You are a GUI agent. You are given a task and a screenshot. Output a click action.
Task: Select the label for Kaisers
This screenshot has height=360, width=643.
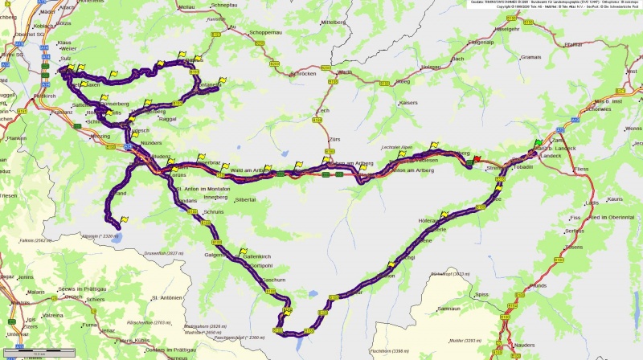pyautogui.click(x=408, y=103)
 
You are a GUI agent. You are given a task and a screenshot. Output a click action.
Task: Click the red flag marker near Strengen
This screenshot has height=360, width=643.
pyautogui.click(x=477, y=158)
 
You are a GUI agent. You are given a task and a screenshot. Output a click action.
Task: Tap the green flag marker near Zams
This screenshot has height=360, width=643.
pyautogui.click(x=539, y=143)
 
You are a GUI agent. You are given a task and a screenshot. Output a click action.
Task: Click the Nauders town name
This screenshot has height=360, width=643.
pyautogui.click(x=522, y=344)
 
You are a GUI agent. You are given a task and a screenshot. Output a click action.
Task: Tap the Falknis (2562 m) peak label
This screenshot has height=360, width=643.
pyautogui.click(x=35, y=239)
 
